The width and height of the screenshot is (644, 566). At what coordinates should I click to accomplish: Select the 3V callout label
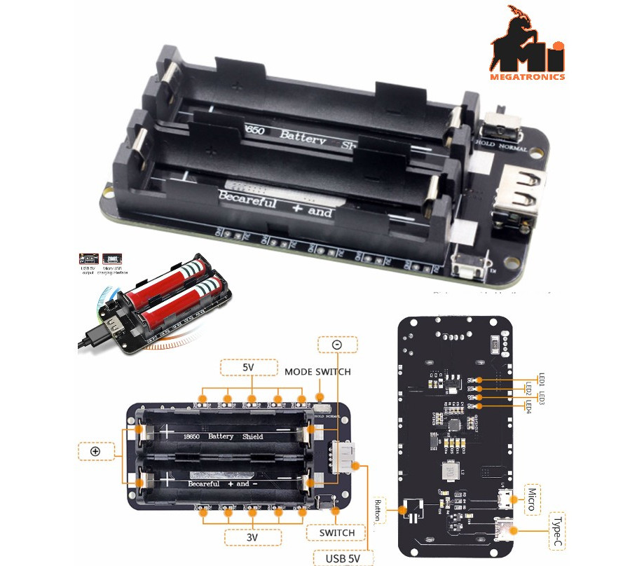252,538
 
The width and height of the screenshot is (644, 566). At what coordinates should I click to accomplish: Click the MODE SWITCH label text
317,371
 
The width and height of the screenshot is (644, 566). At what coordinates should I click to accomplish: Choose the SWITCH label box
336,532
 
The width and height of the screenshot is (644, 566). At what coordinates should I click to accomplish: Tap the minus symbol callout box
336,345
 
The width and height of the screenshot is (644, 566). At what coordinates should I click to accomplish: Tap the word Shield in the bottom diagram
252,436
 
